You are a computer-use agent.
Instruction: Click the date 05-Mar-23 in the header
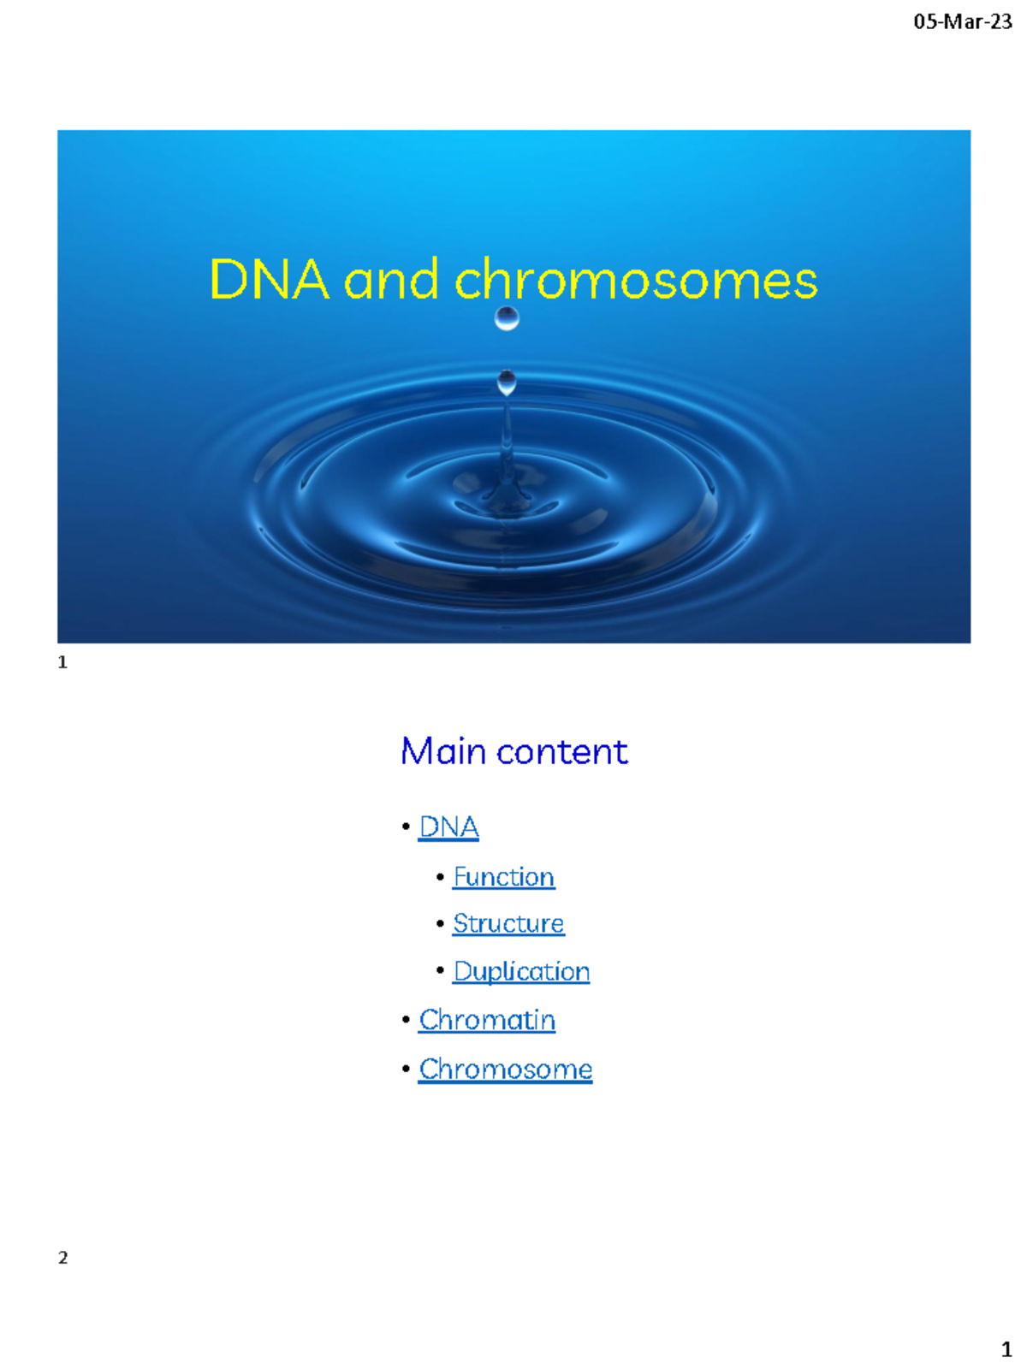pos(962,22)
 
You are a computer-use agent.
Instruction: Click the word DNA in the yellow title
pos(269,280)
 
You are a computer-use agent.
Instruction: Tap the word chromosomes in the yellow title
pos(636,280)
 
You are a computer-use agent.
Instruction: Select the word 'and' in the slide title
pos(391,280)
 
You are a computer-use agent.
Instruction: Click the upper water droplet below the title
pos(507,318)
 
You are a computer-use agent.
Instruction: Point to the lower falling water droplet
pos(507,382)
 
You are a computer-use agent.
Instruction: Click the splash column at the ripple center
pos(507,462)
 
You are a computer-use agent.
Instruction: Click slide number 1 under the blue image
pos(62,662)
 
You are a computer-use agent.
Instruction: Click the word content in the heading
pos(562,751)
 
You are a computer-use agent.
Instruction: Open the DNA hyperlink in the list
pos(448,827)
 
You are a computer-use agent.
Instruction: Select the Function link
pos(503,877)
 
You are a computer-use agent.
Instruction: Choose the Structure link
pos(508,924)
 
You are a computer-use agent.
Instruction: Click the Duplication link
pos(521,972)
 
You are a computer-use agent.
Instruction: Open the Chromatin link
pos(487,1021)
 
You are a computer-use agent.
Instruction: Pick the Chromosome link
pos(505,1070)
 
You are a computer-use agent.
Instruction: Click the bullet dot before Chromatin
pos(406,1021)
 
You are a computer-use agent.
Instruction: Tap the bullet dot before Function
pos(440,878)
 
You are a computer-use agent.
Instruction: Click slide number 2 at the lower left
pos(62,1258)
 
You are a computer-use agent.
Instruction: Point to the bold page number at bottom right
pos(1006,1350)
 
